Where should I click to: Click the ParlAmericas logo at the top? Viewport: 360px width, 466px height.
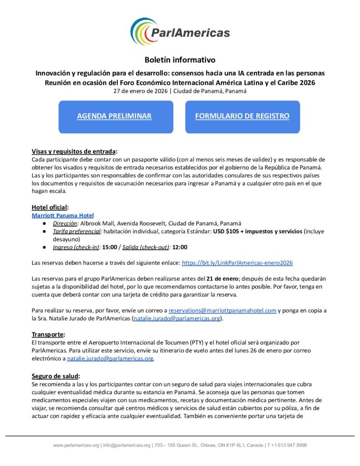[180, 32]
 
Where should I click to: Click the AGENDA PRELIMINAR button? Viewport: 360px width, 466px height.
[114, 116]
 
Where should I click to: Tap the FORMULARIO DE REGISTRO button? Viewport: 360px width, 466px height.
[242, 116]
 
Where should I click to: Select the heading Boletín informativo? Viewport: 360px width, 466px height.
[180, 60]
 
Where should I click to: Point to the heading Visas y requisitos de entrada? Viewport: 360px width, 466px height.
[74, 151]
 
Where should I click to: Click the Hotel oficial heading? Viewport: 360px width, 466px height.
[50, 207]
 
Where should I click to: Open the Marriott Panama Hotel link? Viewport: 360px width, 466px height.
[62, 215]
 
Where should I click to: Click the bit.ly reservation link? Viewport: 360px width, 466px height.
[237, 263]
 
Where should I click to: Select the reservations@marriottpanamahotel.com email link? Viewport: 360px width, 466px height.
[223, 310]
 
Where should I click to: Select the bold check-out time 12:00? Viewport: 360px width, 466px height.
[180, 248]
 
